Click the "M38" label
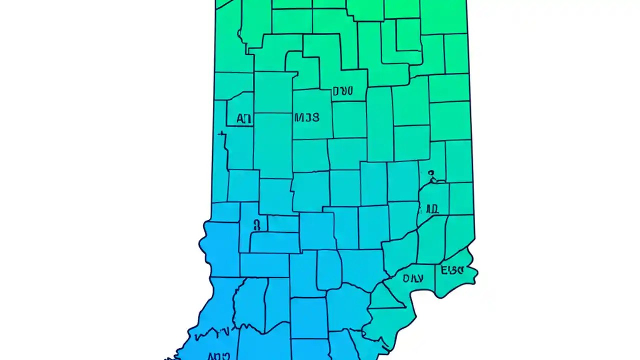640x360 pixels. (x=306, y=117)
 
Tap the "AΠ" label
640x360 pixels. (x=243, y=119)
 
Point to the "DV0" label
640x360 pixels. (x=342, y=91)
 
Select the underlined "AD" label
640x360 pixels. (x=431, y=209)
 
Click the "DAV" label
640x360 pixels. (x=413, y=278)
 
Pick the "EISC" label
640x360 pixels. (x=452, y=270)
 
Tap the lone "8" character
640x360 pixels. (x=257, y=225)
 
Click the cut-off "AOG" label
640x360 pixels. (x=218, y=356)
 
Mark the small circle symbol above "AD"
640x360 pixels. (x=431, y=173)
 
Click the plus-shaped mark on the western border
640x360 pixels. (x=222, y=133)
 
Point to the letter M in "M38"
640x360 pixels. (x=298, y=117)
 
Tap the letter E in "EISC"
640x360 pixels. (x=444, y=270)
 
